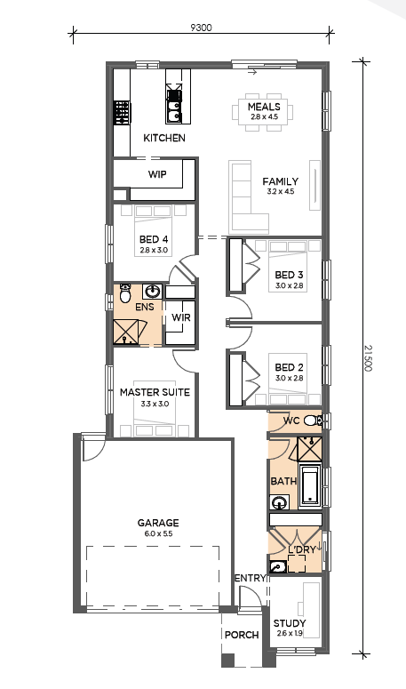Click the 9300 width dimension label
click(x=201, y=28)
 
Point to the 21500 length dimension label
click(x=368, y=358)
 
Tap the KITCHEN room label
click(x=164, y=138)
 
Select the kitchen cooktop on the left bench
click(x=122, y=112)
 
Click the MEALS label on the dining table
click(x=264, y=107)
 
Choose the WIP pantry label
click(x=157, y=174)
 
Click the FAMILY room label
click(x=281, y=181)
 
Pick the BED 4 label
click(x=154, y=239)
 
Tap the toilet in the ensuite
click(x=125, y=293)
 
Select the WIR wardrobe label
click(x=181, y=316)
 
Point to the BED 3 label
click(x=289, y=275)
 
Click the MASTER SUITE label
click(x=155, y=392)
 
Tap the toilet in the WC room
click(x=312, y=421)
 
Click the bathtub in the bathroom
click(x=310, y=486)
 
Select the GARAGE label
click(x=158, y=523)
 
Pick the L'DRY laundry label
click(x=301, y=550)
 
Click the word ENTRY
click(x=251, y=578)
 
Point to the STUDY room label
click(x=290, y=623)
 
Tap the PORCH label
click(x=242, y=635)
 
